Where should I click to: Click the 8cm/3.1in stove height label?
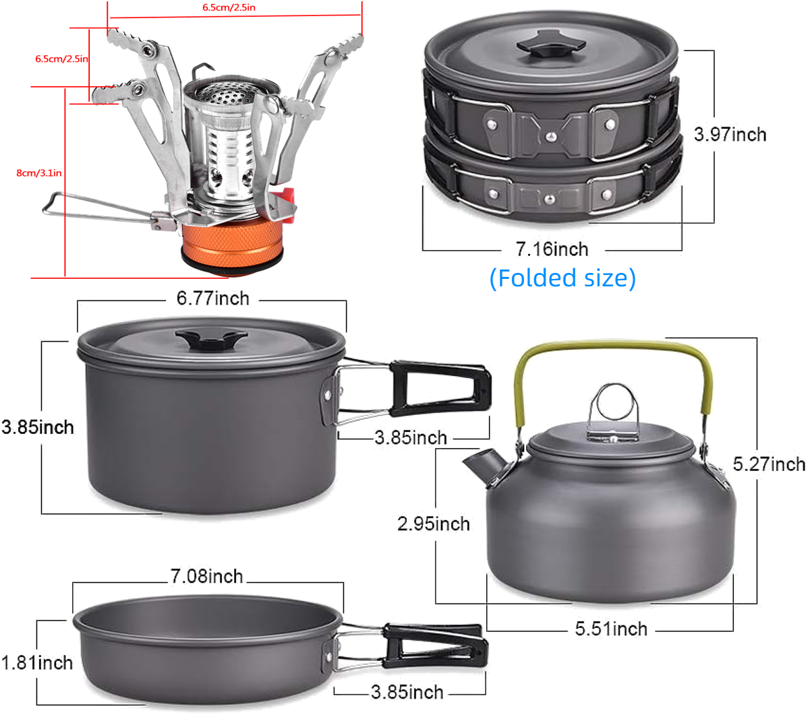click(x=39, y=173)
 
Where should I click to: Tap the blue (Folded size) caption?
click(x=563, y=278)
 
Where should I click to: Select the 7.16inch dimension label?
click(x=552, y=249)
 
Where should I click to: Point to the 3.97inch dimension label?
click(x=730, y=135)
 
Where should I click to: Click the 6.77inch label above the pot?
click(x=213, y=298)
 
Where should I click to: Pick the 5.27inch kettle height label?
click(x=769, y=464)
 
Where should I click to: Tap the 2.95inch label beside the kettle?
click(x=433, y=524)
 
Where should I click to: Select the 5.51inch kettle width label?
click(x=611, y=629)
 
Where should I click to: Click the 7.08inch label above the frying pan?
click(x=206, y=576)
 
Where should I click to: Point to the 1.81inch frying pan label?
click(x=37, y=663)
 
